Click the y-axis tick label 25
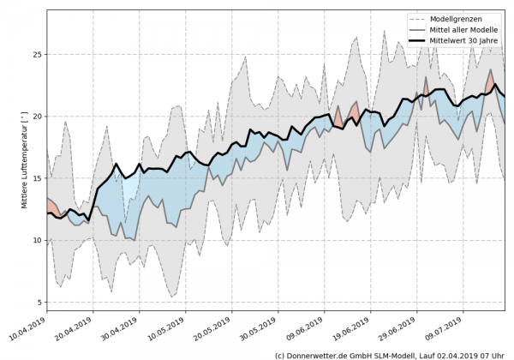click(x=36, y=54)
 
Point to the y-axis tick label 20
click(x=36, y=116)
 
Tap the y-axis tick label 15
click(x=36, y=178)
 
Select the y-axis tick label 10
click(x=36, y=240)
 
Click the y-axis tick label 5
click(x=39, y=302)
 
